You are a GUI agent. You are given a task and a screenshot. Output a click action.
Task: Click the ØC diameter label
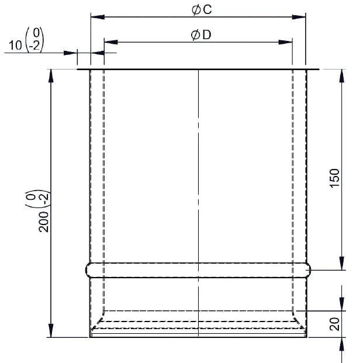click(x=202, y=10)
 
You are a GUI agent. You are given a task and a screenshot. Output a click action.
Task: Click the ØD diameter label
click(x=201, y=35)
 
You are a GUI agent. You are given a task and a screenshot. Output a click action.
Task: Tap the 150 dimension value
click(x=334, y=178)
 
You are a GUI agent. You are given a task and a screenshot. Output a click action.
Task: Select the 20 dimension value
click(x=334, y=324)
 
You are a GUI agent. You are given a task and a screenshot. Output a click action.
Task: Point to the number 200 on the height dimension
click(x=44, y=222)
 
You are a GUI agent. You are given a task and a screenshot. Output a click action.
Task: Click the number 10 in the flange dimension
click(x=15, y=45)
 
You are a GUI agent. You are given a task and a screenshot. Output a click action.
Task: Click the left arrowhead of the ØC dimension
click(x=98, y=17)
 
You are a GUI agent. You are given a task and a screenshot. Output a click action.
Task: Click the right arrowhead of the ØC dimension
click(x=299, y=17)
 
